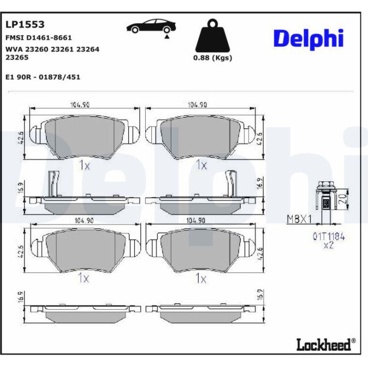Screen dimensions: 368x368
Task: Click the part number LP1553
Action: (25, 24)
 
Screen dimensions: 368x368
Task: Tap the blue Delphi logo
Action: (309, 39)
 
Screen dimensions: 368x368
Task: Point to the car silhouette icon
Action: (151, 26)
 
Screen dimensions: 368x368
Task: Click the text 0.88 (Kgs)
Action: (212, 58)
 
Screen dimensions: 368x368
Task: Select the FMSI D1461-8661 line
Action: (38, 37)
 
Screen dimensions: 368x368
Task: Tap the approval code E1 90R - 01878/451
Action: (43, 77)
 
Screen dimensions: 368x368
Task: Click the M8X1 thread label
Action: (299, 219)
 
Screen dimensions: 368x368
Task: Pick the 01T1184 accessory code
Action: (329, 237)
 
